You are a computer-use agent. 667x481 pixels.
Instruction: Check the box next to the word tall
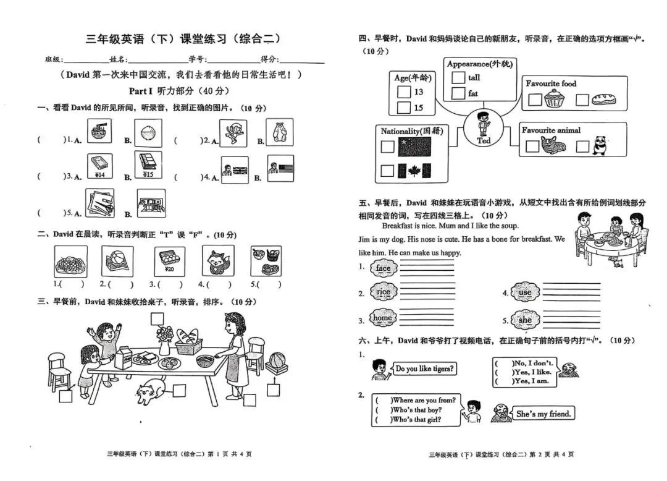(458, 78)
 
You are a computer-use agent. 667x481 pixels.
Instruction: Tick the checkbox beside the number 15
(403, 108)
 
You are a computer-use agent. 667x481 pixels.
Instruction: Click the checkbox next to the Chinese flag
(387, 147)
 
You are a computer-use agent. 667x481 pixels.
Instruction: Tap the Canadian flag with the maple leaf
(414, 170)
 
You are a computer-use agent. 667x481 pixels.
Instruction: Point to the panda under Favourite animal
(600, 146)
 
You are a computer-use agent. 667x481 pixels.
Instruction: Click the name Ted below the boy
(484, 140)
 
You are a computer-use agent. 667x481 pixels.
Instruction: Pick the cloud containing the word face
(383, 268)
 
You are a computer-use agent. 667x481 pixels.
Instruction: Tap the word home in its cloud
(383, 318)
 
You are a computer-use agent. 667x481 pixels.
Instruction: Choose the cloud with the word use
(524, 292)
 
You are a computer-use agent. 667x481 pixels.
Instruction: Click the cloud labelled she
(525, 320)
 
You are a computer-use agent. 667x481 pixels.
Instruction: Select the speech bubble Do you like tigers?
(425, 369)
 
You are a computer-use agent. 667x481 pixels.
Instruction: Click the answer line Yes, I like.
(524, 372)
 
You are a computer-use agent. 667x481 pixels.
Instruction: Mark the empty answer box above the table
(157, 318)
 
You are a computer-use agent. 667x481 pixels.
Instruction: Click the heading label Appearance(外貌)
(480, 64)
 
